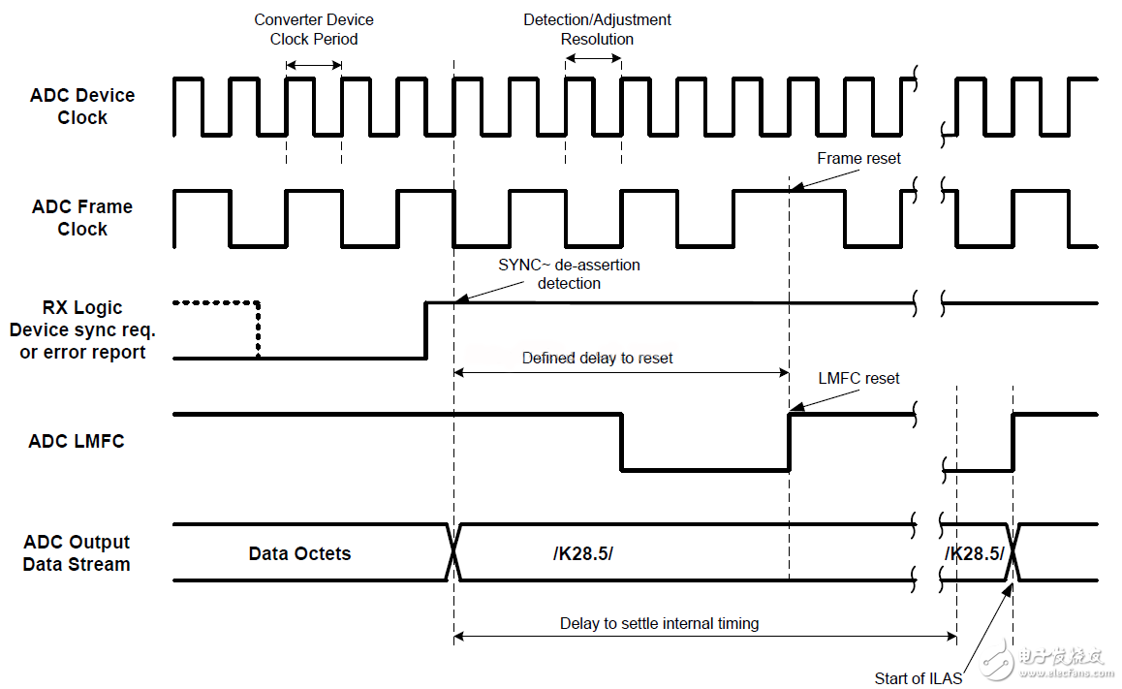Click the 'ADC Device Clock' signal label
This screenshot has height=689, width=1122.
[82, 107]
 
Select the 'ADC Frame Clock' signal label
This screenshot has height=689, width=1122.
[82, 218]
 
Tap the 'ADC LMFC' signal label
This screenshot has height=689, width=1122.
[77, 441]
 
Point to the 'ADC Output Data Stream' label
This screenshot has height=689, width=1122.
[77, 553]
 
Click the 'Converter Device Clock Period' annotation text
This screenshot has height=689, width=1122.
[314, 29]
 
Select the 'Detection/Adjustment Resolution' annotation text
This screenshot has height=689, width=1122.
[597, 29]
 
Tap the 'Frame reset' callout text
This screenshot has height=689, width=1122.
[858, 158]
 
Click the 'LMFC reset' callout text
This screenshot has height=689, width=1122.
[859, 378]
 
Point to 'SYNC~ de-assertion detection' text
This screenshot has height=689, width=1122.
[570, 273]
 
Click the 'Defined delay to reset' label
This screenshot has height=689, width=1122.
[597, 358]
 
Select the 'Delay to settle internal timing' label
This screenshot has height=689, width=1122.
[659, 623]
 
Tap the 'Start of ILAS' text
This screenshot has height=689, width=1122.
[919, 677]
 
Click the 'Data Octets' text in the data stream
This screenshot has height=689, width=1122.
[299, 554]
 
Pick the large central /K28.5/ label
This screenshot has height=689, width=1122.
[583, 554]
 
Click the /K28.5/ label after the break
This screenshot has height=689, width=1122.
[975, 553]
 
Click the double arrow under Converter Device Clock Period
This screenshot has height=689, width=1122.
[314, 65]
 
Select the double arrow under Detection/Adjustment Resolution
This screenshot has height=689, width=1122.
[593, 58]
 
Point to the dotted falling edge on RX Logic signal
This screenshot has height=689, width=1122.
[259, 329]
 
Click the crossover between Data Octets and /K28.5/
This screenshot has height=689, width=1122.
[453, 553]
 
